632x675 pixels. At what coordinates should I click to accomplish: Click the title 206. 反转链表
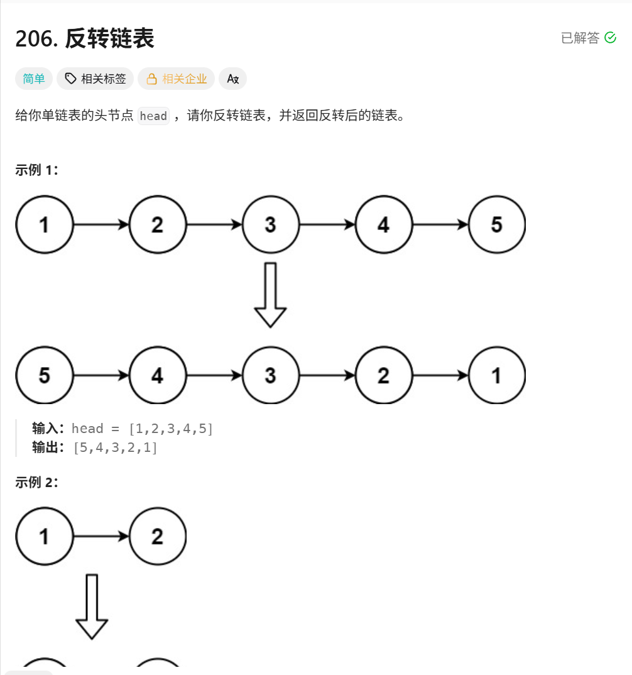85,39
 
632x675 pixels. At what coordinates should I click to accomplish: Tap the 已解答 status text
580,38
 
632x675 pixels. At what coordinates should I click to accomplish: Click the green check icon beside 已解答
610,38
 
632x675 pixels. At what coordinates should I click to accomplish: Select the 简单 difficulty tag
34,79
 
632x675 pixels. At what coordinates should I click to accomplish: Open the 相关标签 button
95,79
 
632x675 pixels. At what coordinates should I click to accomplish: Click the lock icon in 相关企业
151,79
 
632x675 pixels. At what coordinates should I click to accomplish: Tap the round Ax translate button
232,79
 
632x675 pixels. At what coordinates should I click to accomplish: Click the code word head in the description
153,116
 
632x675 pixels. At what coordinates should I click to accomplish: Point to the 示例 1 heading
37,170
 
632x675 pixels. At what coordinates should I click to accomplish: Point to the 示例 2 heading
37,482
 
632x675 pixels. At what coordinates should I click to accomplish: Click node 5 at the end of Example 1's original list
496,224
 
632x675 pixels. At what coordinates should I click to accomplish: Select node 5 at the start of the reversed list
45,375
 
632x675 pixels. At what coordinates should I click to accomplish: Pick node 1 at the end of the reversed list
496,375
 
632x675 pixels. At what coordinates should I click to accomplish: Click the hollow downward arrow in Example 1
270,295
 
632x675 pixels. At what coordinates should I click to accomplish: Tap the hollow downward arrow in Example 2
92,606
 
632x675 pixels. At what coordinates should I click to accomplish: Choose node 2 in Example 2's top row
158,536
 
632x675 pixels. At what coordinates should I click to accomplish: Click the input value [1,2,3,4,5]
171,429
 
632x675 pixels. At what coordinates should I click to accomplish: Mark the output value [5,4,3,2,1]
116,447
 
